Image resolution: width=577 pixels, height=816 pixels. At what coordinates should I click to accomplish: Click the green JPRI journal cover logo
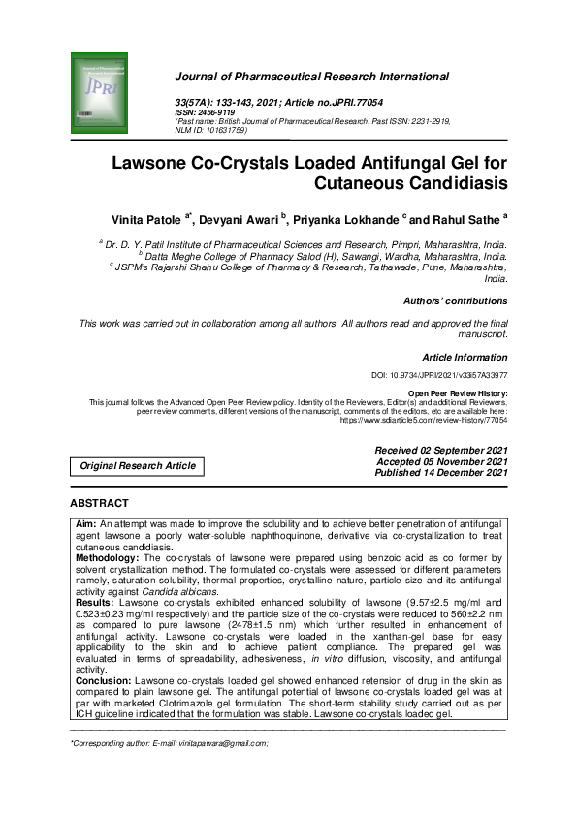[x=100, y=92]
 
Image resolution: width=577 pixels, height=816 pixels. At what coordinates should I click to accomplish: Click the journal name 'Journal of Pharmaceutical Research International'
[x=338, y=76]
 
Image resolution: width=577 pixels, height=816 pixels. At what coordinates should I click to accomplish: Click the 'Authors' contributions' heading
[x=455, y=301]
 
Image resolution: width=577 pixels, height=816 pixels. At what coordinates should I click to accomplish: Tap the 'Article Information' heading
[x=465, y=358]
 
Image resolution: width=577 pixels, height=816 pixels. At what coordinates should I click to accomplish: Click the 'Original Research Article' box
[x=138, y=466]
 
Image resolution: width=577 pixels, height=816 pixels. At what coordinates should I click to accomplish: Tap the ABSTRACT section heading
[x=99, y=504]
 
